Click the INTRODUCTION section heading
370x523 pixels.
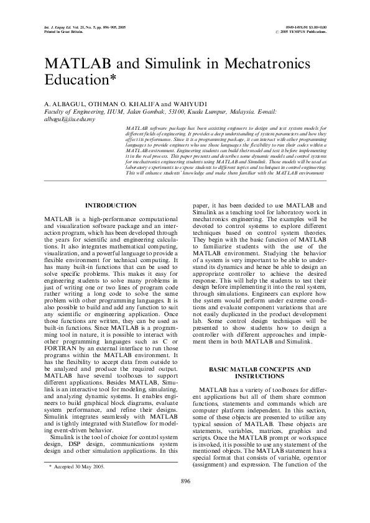(111, 205)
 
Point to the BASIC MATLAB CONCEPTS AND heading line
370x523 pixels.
(259, 369)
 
